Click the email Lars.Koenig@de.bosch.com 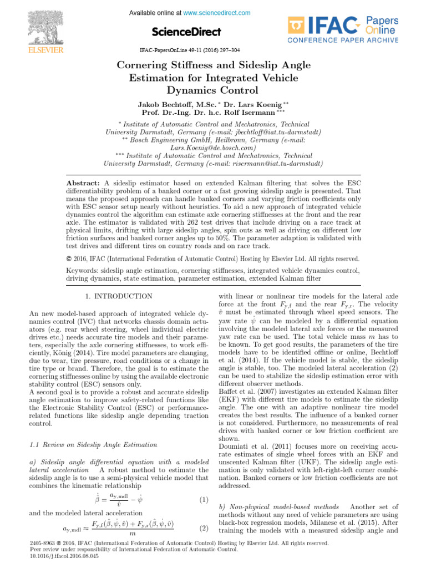[213, 148]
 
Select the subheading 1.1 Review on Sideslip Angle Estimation [92, 445]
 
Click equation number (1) [203, 500]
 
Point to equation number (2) [203, 528]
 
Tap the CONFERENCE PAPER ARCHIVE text [343, 40]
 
